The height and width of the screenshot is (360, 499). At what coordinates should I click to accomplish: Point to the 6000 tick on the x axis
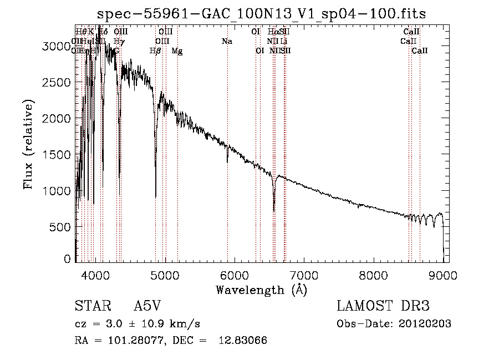[235, 275]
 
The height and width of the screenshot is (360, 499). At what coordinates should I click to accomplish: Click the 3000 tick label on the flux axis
[57, 47]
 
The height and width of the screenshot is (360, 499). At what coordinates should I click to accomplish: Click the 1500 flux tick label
[57, 155]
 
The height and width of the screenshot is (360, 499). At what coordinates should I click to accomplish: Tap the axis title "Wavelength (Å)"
[261, 290]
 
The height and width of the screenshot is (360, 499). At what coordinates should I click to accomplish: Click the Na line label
[227, 42]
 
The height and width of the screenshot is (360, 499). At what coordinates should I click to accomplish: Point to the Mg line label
[177, 51]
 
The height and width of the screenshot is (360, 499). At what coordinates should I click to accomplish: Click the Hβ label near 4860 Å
[155, 51]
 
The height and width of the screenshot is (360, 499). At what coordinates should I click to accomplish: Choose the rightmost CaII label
[420, 51]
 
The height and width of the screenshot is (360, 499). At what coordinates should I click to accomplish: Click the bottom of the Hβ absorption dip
[155, 196]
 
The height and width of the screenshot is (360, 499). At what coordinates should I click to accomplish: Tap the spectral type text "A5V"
[147, 307]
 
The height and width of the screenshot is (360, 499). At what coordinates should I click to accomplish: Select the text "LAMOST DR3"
[383, 307]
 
